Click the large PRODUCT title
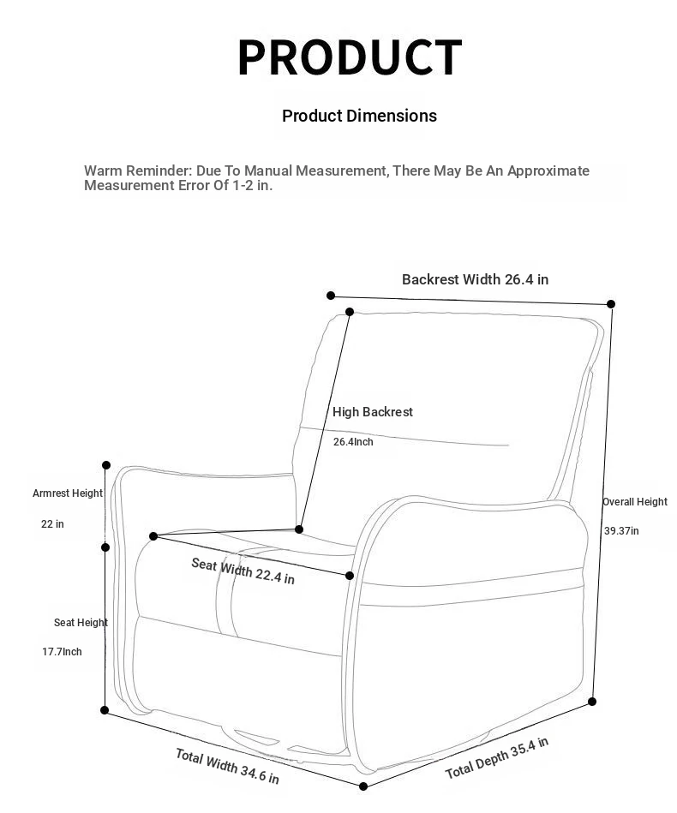pos(349,57)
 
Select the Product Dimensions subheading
pos(359,116)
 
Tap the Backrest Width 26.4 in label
pos(475,279)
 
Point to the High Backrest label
pos(373,412)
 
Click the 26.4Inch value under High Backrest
pos(353,442)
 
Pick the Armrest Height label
pos(68,493)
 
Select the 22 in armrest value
pos(52,523)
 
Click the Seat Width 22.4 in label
pos(243,571)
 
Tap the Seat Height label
pos(81,622)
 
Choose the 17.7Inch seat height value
pos(62,652)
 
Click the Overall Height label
pos(635,501)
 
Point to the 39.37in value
pos(621,531)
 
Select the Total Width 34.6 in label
pos(227,766)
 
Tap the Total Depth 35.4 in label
pos(496,757)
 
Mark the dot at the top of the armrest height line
pos(106,465)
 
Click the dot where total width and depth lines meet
pos(363,786)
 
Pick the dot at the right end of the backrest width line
pos(611,304)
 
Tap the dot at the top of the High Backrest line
pos(350,312)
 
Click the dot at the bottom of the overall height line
pos(592,702)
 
